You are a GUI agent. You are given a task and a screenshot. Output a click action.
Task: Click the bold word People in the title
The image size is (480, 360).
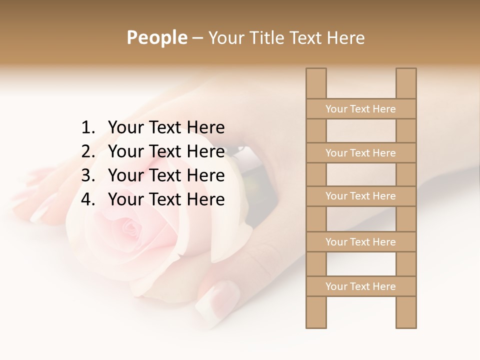pyautogui.click(x=156, y=37)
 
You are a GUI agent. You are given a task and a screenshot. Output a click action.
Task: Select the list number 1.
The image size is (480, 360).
pyautogui.click(x=87, y=128)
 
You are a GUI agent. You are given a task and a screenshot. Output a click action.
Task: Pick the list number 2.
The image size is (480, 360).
pyautogui.click(x=87, y=152)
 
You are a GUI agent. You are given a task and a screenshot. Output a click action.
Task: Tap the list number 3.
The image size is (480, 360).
pyautogui.click(x=87, y=176)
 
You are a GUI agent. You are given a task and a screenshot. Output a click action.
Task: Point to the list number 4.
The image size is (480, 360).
pyautogui.click(x=87, y=200)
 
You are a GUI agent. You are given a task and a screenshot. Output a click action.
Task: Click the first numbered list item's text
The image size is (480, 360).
pyautogui.click(x=166, y=128)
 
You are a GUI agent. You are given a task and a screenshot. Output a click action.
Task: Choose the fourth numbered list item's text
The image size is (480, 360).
pyautogui.click(x=166, y=200)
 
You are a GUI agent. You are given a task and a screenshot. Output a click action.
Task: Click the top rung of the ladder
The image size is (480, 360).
pyautogui.click(x=361, y=109)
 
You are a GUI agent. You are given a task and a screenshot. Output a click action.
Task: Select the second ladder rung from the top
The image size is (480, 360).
pyautogui.click(x=361, y=153)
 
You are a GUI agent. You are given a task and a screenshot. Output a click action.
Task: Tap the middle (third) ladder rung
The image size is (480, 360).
pyautogui.click(x=361, y=196)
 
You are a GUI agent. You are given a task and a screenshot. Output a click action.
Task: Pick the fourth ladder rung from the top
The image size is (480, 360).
pyautogui.click(x=361, y=242)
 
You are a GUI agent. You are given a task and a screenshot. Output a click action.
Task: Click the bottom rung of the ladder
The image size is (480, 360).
pyautogui.click(x=361, y=286)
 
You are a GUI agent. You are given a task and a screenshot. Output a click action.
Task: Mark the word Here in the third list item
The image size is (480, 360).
pyautogui.click(x=205, y=176)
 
